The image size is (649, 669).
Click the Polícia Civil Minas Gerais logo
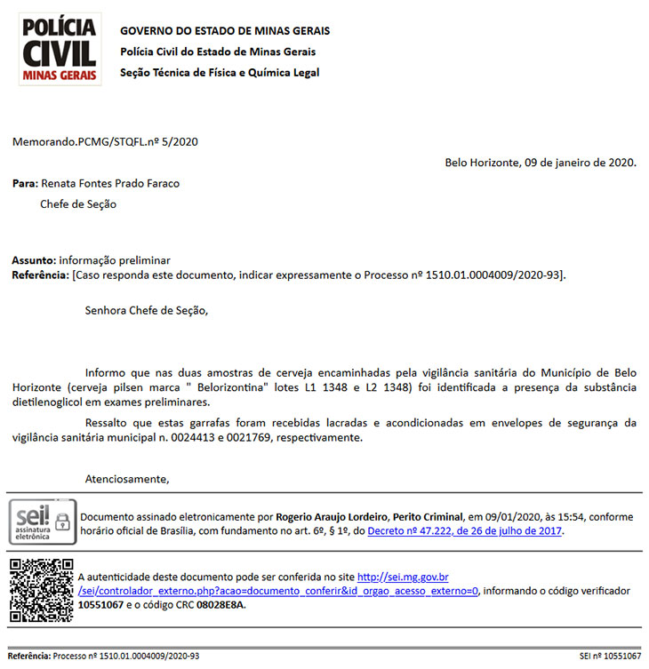60,49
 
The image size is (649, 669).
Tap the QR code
42,589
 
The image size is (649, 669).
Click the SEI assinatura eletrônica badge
42,522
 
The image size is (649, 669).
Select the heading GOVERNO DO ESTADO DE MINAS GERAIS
225,31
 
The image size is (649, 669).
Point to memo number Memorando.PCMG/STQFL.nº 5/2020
105,141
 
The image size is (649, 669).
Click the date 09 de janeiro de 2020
581,163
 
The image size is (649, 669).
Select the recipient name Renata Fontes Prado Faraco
110,184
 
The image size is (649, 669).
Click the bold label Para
24,184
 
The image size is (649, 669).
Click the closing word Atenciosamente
126,479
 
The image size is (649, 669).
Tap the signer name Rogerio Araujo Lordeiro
333,516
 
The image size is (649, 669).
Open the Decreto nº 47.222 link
465,531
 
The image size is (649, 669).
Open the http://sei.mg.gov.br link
403,577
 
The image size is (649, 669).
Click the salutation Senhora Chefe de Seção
146,311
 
